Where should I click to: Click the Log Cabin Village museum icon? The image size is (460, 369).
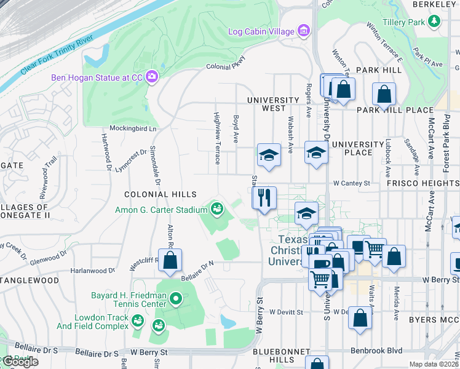coord(303,31)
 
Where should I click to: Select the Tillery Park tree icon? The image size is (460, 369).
coord(435,22)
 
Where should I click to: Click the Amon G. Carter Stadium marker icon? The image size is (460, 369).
coord(216,210)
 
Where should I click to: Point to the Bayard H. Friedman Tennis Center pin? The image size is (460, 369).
coord(176,300)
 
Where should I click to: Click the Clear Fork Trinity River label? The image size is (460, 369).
coord(57,58)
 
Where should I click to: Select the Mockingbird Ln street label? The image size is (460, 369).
coord(133,129)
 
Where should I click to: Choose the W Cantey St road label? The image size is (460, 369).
coord(352,183)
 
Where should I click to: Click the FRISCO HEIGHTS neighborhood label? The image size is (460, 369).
coord(422,183)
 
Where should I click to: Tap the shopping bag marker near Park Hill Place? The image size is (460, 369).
coord(384,95)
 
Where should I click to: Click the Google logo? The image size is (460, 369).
coord(20,362)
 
